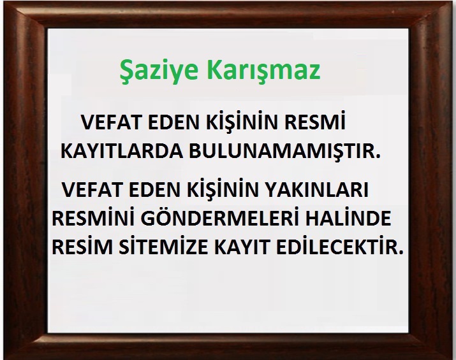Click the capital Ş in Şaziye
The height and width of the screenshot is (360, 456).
point(126,73)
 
